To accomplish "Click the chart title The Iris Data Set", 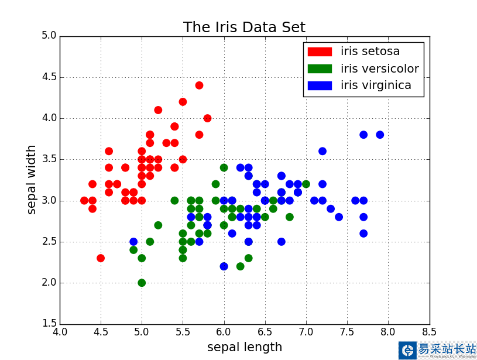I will coord(244,28).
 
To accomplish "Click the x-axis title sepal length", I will coord(245,347).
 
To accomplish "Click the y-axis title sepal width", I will coord(32,179).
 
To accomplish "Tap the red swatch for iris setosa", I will coord(320,52).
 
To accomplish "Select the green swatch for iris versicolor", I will coord(320,68).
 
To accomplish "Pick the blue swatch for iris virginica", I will coord(320,85).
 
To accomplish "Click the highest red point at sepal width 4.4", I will coord(199,85).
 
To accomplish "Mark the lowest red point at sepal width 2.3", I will coord(101,258).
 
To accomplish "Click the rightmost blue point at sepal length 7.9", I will coord(380,135).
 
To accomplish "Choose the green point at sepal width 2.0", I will coord(142,283).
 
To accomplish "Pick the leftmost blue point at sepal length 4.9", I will coord(133,242).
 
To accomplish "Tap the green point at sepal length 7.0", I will coord(306,184).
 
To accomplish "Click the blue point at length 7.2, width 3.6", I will coord(322,151).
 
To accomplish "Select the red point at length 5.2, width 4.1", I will coord(158,110).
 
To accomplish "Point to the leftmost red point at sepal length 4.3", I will coord(84,200).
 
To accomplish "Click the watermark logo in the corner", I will coord(407,350).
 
